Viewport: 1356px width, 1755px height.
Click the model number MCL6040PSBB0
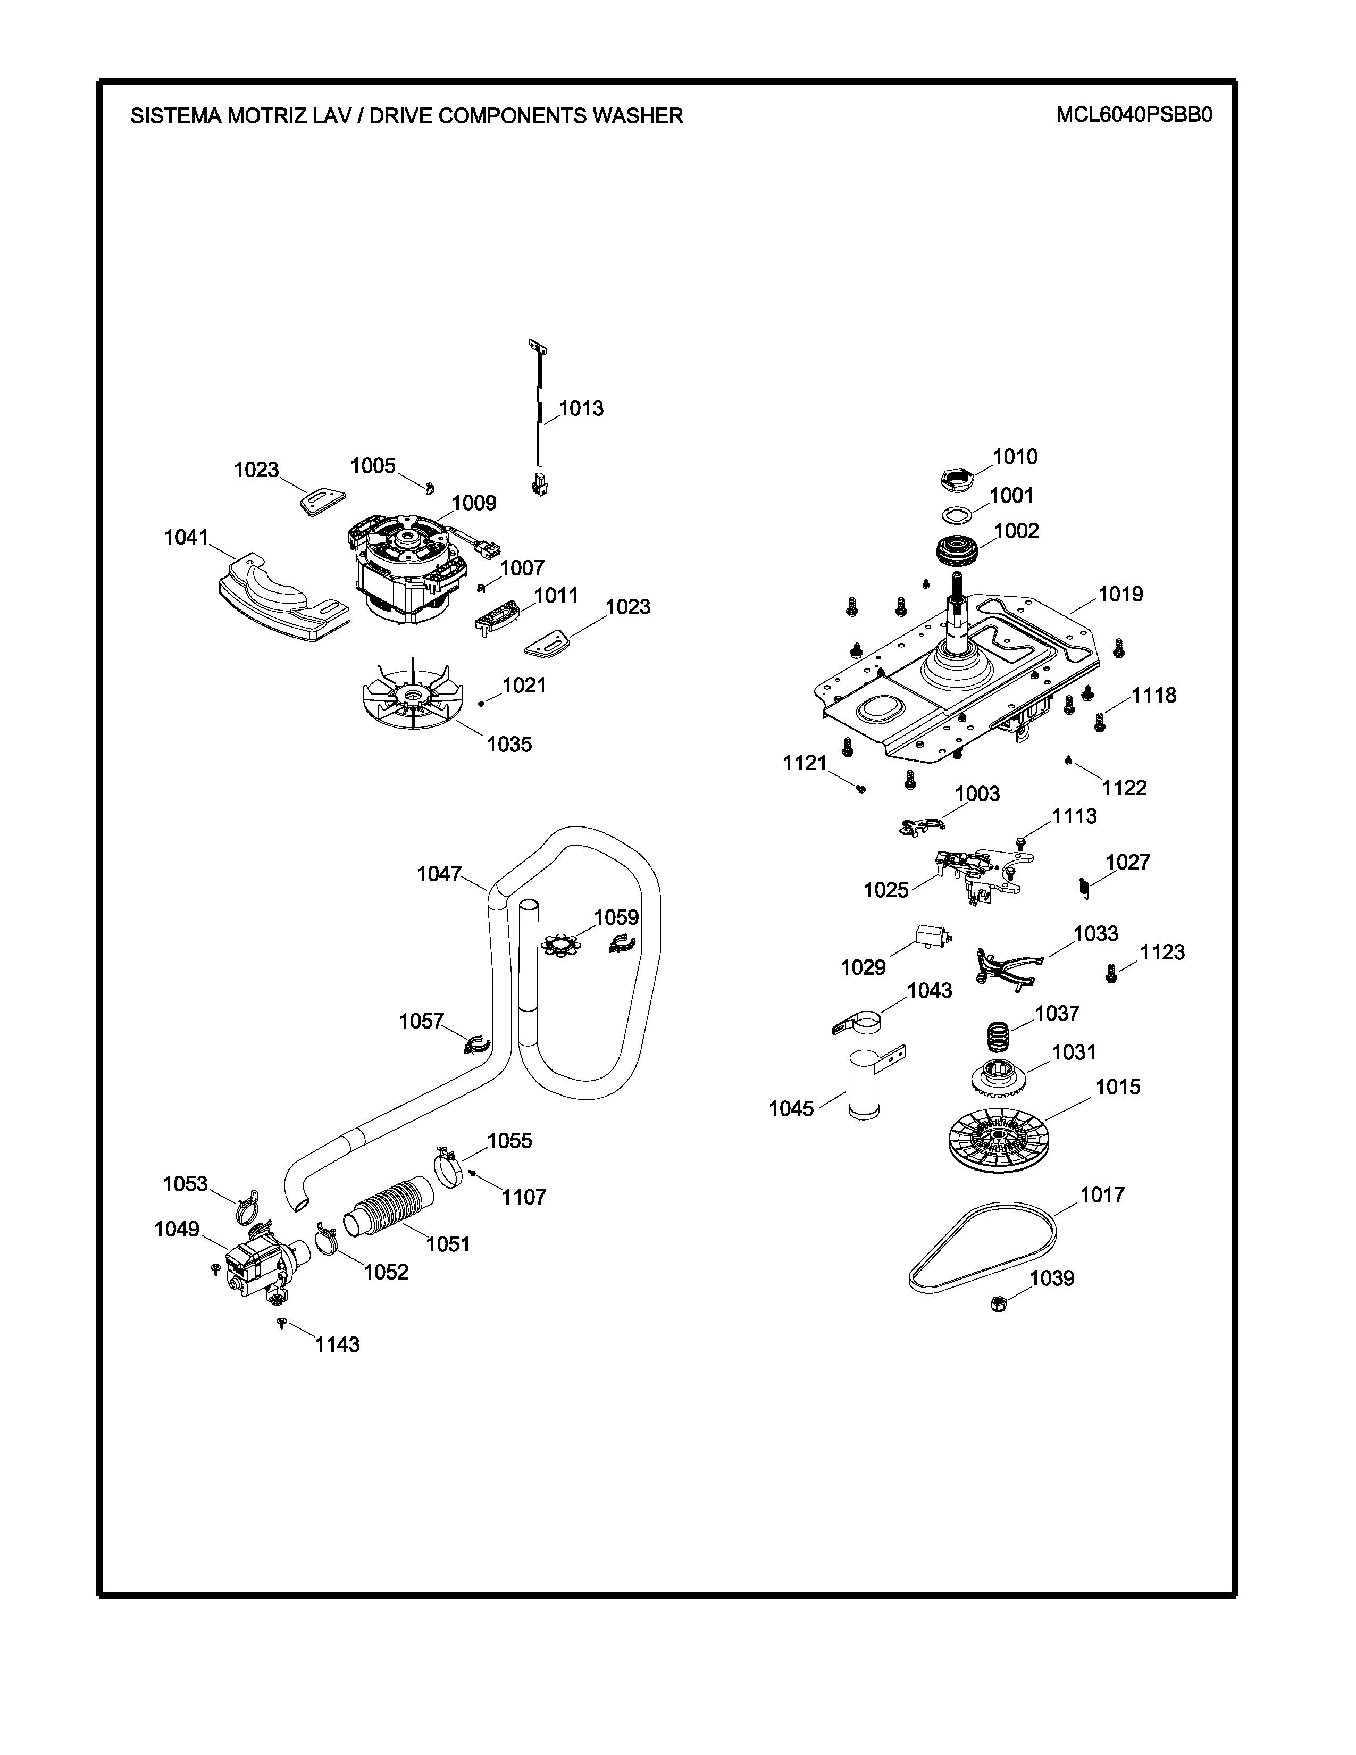[x=1134, y=115]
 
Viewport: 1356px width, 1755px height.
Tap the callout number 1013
[x=581, y=408]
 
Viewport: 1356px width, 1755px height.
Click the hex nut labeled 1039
[x=999, y=1302]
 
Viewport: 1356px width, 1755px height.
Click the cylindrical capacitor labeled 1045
[x=864, y=1085]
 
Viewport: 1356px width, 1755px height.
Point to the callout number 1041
[x=186, y=538]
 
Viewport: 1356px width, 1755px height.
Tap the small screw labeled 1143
[x=281, y=1322]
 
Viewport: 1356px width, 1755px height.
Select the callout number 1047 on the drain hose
[x=439, y=874]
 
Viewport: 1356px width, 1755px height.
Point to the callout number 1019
[x=1120, y=594]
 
